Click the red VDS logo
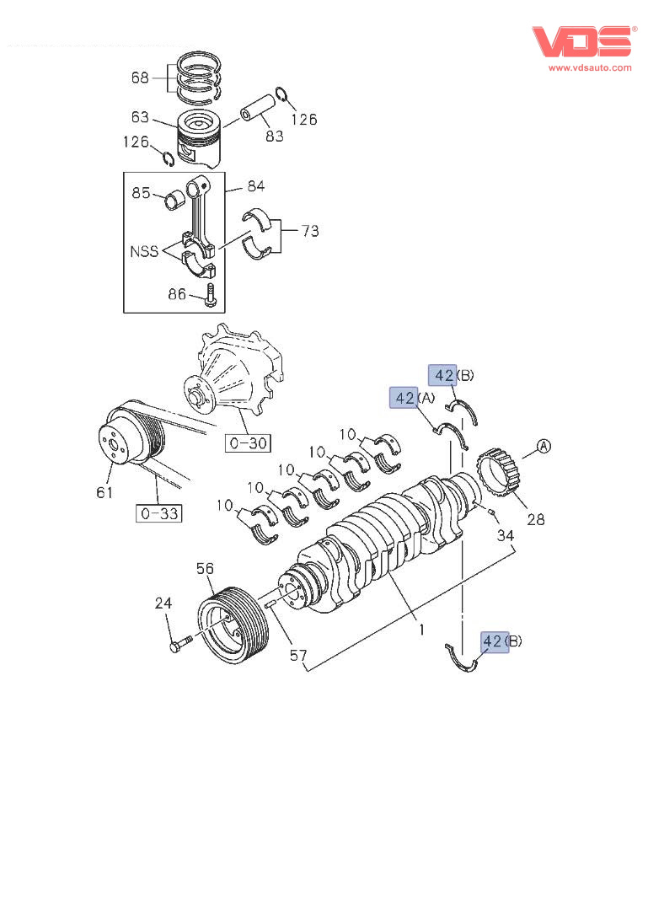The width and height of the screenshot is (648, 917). (x=582, y=41)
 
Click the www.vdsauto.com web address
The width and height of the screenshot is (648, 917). (x=590, y=67)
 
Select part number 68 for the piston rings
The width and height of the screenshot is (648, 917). (x=140, y=78)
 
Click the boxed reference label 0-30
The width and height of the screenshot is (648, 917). (x=247, y=442)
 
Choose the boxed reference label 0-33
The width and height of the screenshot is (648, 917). (x=159, y=512)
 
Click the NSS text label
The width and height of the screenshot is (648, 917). (x=144, y=251)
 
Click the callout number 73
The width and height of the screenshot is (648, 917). (x=310, y=230)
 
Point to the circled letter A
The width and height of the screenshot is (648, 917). (x=544, y=447)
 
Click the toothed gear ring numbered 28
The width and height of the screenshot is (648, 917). (x=496, y=477)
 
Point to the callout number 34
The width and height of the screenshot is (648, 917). (x=505, y=535)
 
